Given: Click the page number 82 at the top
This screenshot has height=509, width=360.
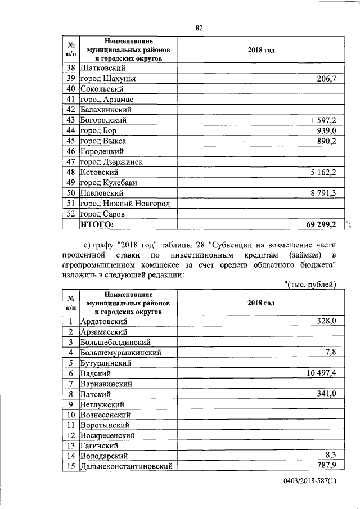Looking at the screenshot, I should tap(199, 28).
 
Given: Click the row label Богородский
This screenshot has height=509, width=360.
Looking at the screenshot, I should tap(103, 120).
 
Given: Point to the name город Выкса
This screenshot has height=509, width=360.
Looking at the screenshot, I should tap(103, 141).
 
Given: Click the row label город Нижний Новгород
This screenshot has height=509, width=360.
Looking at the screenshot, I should tap(125, 204).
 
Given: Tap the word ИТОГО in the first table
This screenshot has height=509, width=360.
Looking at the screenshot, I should tap(97, 225).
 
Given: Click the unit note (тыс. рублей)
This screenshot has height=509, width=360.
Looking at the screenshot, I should tap(310, 285).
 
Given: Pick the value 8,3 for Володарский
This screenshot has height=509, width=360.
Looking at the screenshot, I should tap(330, 456).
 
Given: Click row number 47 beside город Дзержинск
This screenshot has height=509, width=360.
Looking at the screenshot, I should tap(71, 162).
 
